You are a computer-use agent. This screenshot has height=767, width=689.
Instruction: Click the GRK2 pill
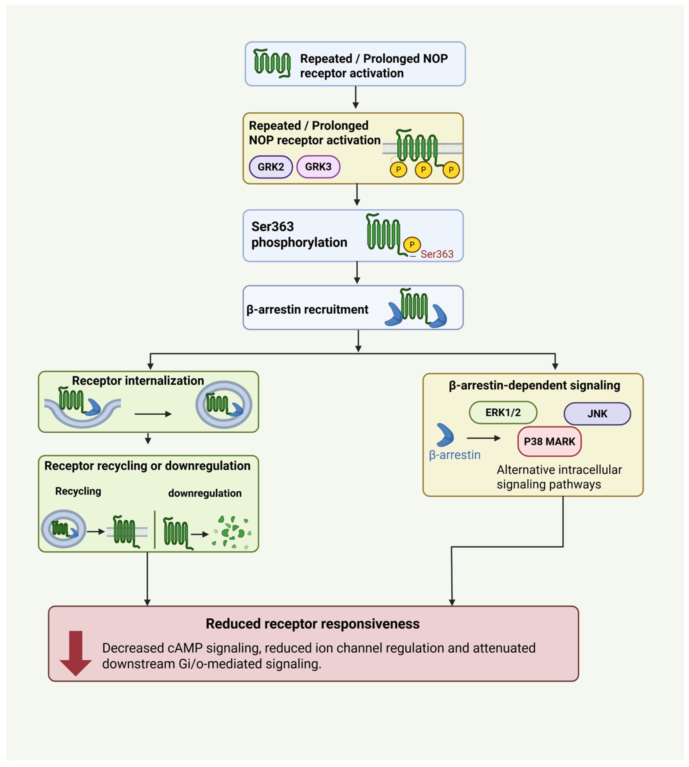click(271, 167)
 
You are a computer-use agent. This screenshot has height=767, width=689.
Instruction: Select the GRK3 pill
click(318, 167)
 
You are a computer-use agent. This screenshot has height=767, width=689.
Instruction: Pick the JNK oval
click(597, 414)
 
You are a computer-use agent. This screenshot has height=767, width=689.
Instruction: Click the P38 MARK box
click(549, 441)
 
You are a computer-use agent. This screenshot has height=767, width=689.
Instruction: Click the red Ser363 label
click(437, 254)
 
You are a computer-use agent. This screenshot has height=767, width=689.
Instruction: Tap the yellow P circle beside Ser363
click(412, 244)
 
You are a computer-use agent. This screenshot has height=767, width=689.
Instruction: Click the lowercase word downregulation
click(205, 493)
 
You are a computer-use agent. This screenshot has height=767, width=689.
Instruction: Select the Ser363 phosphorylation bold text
click(299, 234)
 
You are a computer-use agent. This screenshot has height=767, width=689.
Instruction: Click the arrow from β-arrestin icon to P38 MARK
click(484, 438)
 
